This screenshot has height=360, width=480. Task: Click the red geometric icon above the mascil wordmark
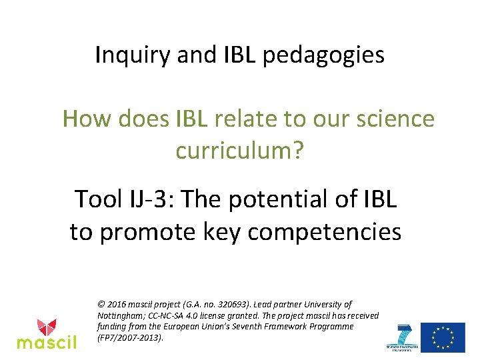click(x=47, y=327)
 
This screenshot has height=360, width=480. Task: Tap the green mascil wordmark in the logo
click(x=47, y=343)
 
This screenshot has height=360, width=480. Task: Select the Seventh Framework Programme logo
click(x=404, y=337)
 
